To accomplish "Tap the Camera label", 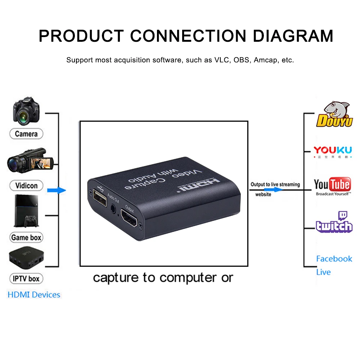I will (26, 134).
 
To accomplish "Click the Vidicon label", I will (26, 186).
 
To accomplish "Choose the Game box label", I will (26, 238).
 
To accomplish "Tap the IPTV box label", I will (26, 279).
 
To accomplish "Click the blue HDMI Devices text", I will (34, 295).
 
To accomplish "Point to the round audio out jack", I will (114, 208).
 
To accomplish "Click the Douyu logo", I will (334, 114).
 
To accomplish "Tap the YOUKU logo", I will (332, 152).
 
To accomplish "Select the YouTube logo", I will (332, 186).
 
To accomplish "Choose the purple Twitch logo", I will (334, 223).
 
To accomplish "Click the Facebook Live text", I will (333, 265).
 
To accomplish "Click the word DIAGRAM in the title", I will (293, 36).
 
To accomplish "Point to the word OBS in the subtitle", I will (241, 60).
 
